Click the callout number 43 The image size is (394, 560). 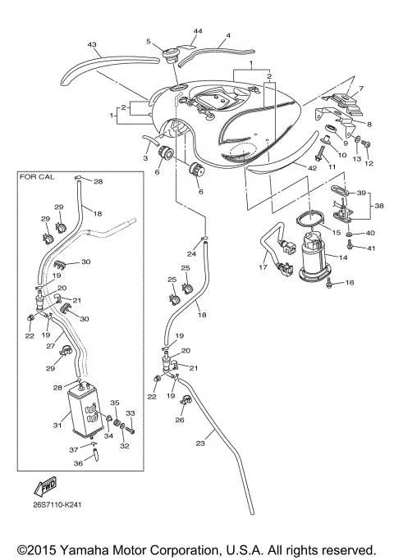(x=92, y=44)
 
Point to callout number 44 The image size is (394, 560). (x=197, y=30)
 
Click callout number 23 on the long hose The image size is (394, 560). (x=199, y=443)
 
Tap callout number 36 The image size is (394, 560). (x=78, y=464)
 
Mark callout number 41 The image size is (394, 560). (x=372, y=248)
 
